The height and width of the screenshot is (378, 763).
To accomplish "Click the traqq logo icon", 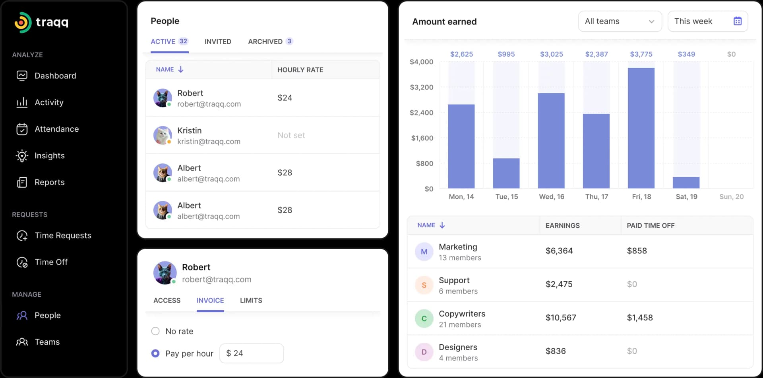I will tap(23, 22).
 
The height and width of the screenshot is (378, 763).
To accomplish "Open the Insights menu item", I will tap(49, 155).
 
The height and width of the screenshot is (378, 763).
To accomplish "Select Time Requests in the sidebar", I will tap(63, 235).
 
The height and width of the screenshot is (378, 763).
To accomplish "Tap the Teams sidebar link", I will tap(47, 342).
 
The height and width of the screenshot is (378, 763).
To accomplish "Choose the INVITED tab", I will tap(218, 41).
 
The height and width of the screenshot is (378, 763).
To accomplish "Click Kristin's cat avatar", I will tap(163, 135).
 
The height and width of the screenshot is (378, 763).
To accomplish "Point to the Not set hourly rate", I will tap(291, 135).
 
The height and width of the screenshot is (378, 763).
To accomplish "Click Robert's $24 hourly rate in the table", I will tap(285, 98).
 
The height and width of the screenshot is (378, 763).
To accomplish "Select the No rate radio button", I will tap(155, 331).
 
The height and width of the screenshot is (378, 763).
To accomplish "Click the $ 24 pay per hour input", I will tap(252, 353).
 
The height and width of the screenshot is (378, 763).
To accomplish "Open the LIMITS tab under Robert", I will tap(251, 300).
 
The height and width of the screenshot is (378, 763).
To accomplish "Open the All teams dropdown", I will tap(620, 21).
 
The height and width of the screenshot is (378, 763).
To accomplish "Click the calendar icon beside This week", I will tap(737, 21).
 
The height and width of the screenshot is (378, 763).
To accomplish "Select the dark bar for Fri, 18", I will tap(641, 128).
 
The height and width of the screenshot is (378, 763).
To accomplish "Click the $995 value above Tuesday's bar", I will tap(506, 54).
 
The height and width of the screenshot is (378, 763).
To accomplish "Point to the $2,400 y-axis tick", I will tap(422, 113).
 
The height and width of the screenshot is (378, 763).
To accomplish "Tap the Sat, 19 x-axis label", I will tap(686, 196).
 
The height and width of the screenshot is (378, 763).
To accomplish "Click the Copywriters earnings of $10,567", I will tap(561, 317).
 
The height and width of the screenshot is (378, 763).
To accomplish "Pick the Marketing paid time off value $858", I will tap(637, 251).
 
